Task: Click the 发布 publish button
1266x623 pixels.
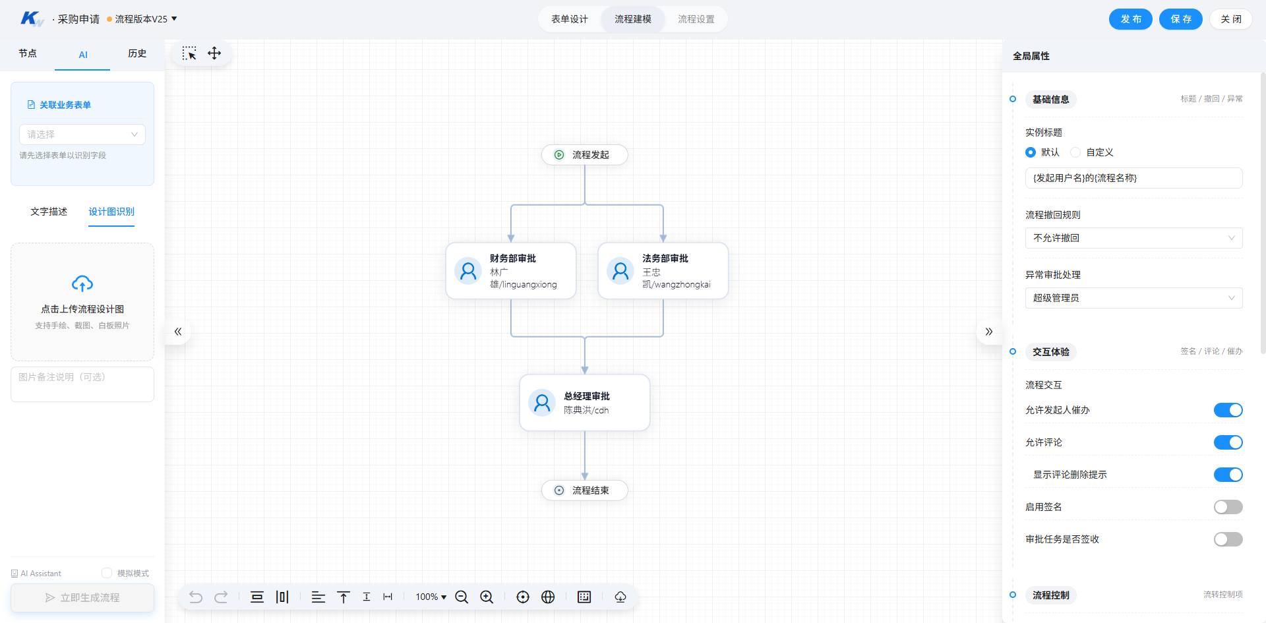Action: point(1130,19)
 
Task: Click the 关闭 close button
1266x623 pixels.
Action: point(1230,19)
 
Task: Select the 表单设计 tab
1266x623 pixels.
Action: point(570,19)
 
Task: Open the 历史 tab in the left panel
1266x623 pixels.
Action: point(137,53)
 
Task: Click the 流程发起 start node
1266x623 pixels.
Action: point(584,155)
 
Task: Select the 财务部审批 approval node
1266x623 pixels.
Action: point(511,271)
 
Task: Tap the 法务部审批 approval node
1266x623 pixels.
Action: point(663,271)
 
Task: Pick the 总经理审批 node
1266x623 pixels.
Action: point(585,403)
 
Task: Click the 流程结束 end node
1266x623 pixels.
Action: point(584,490)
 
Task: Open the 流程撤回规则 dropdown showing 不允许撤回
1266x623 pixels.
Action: point(1133,238)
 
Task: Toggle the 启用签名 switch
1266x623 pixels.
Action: point(1228,507)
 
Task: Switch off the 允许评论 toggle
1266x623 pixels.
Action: point(1228,442)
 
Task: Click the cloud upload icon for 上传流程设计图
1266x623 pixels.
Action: point(82,283)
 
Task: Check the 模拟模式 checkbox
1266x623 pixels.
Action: point(107,573)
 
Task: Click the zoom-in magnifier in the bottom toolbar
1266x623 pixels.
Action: point(487,597)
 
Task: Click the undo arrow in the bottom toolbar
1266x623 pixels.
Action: point(196,597)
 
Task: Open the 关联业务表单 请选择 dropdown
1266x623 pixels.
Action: point(82,134)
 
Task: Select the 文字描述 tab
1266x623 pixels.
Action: point(49,212)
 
